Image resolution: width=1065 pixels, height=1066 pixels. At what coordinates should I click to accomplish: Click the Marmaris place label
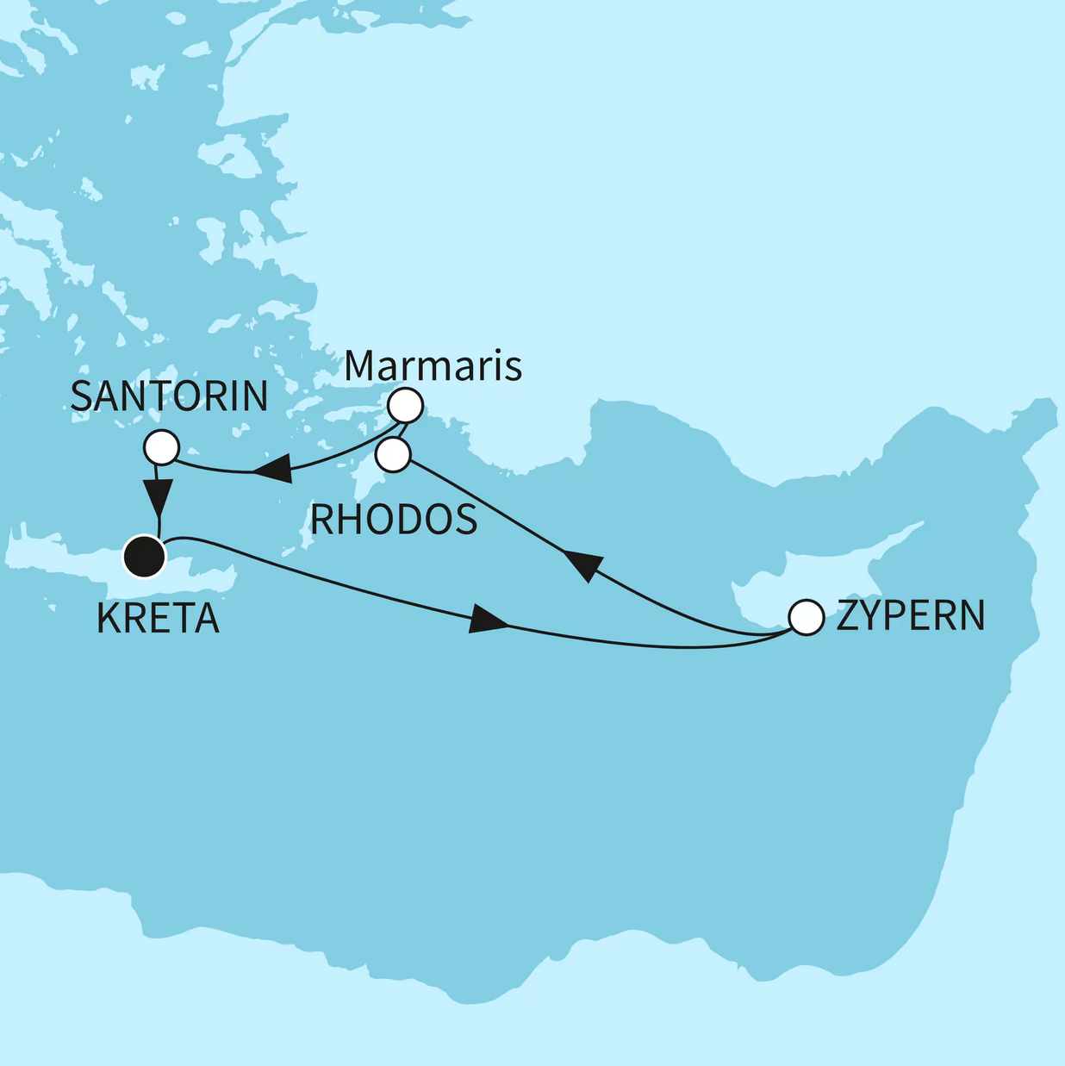click(x=433, y=365)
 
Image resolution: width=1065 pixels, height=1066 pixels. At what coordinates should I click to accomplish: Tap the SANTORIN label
click(x=169, y=396)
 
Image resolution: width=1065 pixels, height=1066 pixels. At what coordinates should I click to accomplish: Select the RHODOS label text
click(x=394, y=520)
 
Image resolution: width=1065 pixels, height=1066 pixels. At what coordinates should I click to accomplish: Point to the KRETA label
click(x=158, y=619)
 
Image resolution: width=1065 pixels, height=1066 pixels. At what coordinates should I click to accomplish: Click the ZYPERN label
click(x=910, y=616)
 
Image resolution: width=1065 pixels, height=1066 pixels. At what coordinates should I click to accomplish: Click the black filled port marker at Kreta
click(x=145, y=556)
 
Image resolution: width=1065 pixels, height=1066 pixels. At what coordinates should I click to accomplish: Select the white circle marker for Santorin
click(x=161, y=447)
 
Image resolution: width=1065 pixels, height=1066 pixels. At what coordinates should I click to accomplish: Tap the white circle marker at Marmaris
click(x=405, y=404)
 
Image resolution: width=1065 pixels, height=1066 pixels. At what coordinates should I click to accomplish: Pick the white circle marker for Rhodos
click(x=393, y=455)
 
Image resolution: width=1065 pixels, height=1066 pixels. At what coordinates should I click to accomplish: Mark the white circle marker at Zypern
click(x=807, y=618)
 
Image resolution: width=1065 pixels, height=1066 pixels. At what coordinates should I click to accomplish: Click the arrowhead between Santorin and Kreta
click(x=158, y=496)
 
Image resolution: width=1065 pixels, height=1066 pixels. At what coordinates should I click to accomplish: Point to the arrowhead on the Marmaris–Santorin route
click(x=272, y=471)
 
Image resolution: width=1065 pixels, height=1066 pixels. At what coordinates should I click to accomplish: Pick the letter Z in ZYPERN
click(x=846, y=616)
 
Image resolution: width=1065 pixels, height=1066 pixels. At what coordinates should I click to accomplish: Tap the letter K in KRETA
click(x=108, y=619)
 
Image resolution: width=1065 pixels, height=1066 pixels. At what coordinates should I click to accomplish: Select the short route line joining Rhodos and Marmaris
click(x=401, y=430)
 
